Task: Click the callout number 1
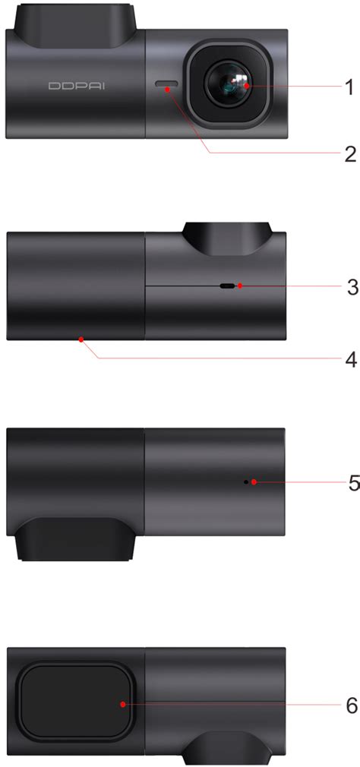point(349,87)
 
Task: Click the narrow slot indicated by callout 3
point(227,286)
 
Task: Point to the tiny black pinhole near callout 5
point(245,482)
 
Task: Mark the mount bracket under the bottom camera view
point(228,750)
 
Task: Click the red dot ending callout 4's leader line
point(80,340)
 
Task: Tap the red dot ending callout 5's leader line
point(253,482)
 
